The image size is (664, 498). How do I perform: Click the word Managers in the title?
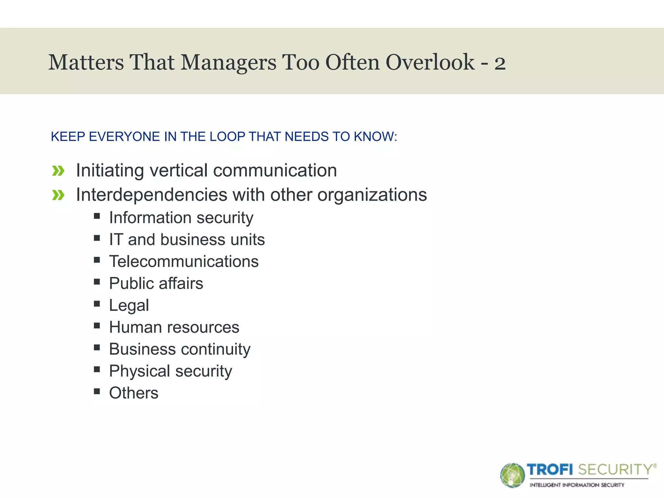(228, 62)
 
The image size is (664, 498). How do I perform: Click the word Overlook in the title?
(430, 62)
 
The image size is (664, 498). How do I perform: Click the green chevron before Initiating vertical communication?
(58, 171)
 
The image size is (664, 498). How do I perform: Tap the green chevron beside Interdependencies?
(58, 195)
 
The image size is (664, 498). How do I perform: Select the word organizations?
(372, 195)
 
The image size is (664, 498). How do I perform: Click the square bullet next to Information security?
(97, 216)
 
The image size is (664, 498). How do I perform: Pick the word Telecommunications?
(184, 261)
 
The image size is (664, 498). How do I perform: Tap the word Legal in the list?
(129, 305)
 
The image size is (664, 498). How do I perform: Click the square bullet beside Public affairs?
(97, 282)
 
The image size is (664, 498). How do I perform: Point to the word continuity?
(216, 350)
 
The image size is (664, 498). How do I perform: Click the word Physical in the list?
(139, 371)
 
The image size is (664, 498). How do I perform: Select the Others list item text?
(134, 393)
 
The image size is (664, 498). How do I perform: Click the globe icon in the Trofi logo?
(512, 475)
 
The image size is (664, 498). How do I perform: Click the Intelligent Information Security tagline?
(577, 485)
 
